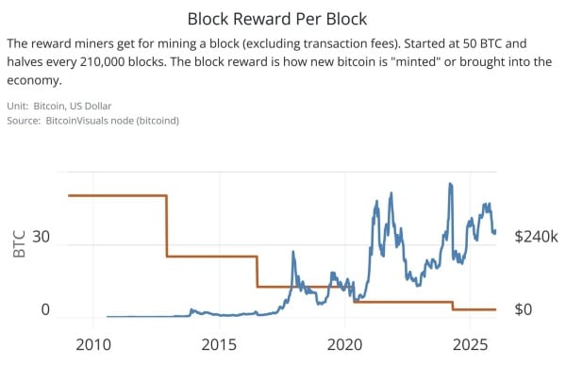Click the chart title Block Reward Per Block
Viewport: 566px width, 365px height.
click(x=283, y=18)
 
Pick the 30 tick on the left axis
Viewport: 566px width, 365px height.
click(x=41, y=237)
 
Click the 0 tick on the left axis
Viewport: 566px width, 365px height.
click(x=44, y=309)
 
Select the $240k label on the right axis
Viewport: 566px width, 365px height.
click(x=537, y=237)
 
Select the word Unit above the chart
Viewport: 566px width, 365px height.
click(x=18, y=106)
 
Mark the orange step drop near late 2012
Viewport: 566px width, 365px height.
click(x=167, y=226)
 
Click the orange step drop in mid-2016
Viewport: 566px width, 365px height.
click(x=257, y=272)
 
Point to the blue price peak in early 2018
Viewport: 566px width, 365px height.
click(x=292, y=253)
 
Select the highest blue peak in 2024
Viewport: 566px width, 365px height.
click(x=450, y=185)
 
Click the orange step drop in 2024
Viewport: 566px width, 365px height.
click(x=453, y=306)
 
